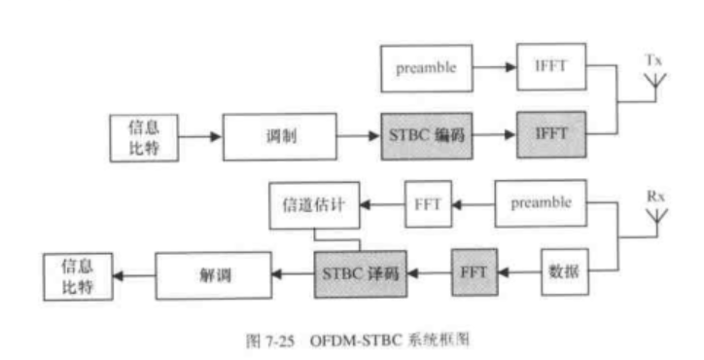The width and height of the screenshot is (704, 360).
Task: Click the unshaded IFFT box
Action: point(551,67)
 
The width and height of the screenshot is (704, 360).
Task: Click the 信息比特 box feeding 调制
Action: point(139,136)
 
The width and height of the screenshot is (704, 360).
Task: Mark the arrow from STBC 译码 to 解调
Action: point(292,273)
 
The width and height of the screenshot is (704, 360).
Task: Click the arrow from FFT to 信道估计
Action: point(382,205)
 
